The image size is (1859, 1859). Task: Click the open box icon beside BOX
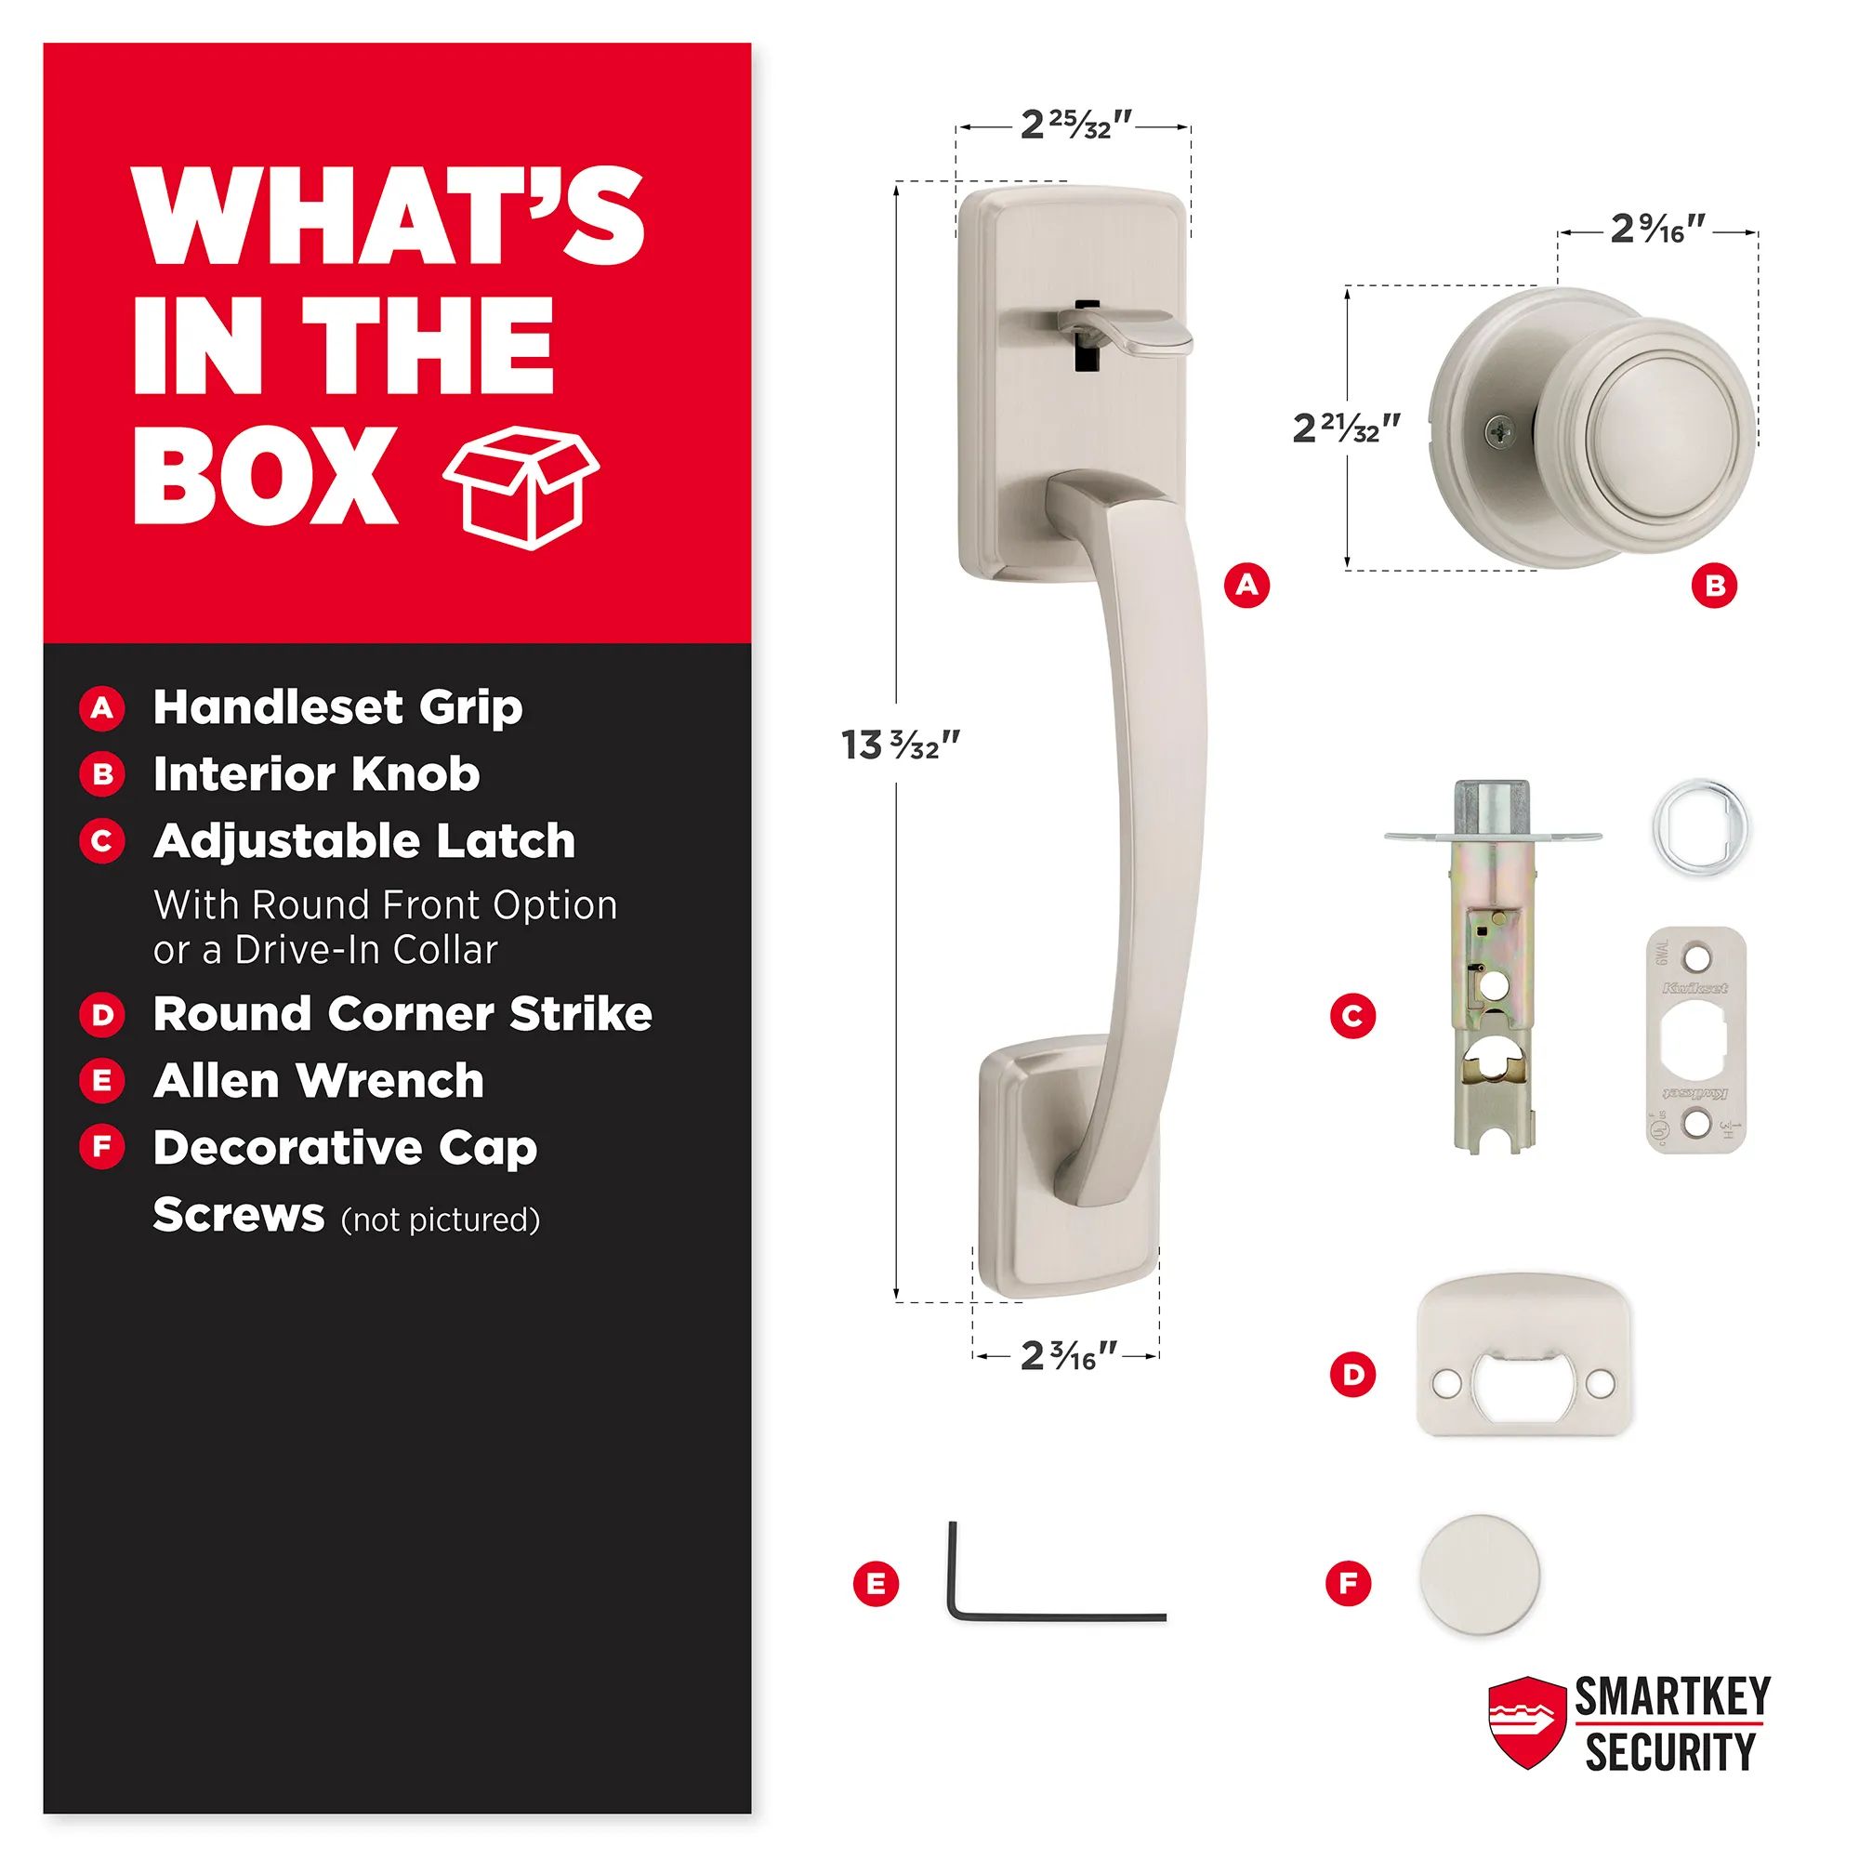[x=521, y=487]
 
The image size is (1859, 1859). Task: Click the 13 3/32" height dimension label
[x=901, y=745]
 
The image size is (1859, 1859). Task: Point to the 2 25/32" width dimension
[x=1076, y=125]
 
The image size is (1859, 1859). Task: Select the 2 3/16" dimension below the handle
[x=1069, y=1356]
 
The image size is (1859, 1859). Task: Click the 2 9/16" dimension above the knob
[x=1659, y=230]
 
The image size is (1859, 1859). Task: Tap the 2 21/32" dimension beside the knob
[x=1346, y=428]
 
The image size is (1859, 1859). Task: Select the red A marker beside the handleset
[x=1247, y=584]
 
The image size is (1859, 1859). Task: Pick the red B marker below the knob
[x=1715, y=585]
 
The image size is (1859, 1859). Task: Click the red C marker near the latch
[x=1351, y=1016]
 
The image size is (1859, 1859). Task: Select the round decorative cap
[x=1479, y=1576]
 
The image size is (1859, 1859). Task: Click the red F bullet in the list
[x=102, y=1147]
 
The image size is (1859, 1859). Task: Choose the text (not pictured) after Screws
[x=441, y=1220]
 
